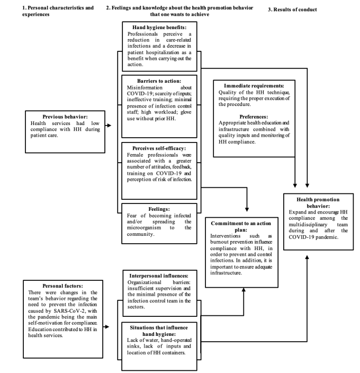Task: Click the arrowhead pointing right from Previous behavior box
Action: point(109,126)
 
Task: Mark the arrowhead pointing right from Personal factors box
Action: point(109,327)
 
